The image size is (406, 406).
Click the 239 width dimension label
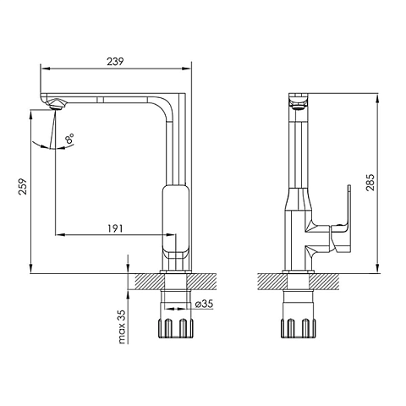115,61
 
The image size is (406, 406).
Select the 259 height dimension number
23,186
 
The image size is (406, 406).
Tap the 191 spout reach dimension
115,228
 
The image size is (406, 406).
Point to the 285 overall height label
370,183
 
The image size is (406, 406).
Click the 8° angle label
69,139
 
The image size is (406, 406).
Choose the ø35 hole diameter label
204,304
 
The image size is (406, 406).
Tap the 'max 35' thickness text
122,326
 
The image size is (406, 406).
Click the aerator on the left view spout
57,104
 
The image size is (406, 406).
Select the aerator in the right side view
299,106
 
